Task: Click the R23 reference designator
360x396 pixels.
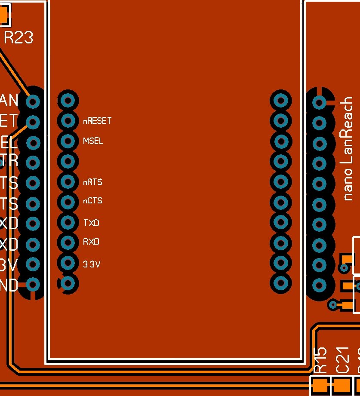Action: pyautogui.click(x=18, y=38)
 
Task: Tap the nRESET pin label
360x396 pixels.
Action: pyautogui.click(x=97, y=121)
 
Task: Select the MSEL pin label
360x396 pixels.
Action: pyautogui.click(x=93, y=141)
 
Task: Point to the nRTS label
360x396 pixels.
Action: pyautogui.click(x=92, y=182)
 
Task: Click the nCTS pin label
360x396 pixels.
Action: pyautogui.click(x=92, y=201)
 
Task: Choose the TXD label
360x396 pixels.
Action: pyautogui.click(x=91, y=223)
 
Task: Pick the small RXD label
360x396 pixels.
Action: pyautogui.click(x=91, y=242)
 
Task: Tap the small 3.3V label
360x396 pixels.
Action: pyautogui.click(x=91, y=264)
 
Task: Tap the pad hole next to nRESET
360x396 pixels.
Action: pyautogui.click(x=68, y=121)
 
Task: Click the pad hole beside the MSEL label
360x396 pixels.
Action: pyautogui.click(x=68, y=141)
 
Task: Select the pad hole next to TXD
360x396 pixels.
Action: pyautogui.click(x=68, y=222)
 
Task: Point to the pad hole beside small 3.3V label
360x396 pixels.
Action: pyautogui.click(x=68, y=262)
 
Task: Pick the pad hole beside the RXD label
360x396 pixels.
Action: pyautogui.click(x=68, y=243)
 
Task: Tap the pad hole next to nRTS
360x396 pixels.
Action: pyautogui.click(x=68, y=182)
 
